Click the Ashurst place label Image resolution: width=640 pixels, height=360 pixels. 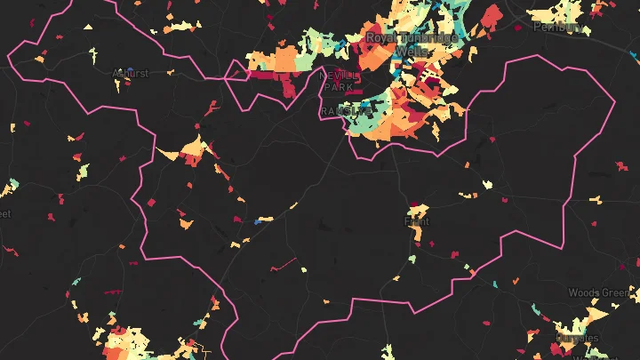click(x=131, y=74)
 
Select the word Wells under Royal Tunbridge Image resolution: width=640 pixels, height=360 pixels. click(x=411, y=52)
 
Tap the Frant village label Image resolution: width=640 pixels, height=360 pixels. click(x=417, y=221)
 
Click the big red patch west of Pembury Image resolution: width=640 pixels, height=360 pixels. click(x=491, y=16)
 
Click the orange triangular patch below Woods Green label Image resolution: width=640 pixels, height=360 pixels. click(x=596, y=316)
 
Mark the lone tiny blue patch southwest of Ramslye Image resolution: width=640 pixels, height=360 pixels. click(x=259, y=221)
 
